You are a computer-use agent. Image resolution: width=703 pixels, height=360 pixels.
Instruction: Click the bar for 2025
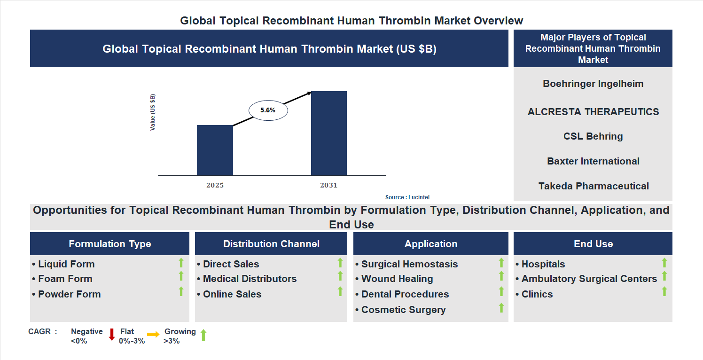tap(215, 150)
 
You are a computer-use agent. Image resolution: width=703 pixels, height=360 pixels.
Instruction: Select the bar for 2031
tap(329, 133)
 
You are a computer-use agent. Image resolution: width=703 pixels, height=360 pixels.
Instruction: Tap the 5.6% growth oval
tap(268, 110)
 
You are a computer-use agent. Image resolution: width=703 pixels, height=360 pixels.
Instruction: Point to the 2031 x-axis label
tap(329, 185)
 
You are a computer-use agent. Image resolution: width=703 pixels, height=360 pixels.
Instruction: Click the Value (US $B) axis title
tap(153, 113)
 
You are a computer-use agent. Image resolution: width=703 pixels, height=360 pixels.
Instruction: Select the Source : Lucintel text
tap(407, 197)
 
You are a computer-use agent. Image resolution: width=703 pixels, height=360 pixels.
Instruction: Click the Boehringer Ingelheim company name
tap(593, 84)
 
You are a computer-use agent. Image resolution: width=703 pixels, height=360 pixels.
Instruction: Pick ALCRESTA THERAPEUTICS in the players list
tap(593, 112)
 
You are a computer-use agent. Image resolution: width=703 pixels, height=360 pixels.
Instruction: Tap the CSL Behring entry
tap(593, 136)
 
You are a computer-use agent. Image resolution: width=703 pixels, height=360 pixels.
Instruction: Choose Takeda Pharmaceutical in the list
tap(593, 186)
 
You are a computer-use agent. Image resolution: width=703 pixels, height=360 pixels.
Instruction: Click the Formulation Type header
tap(110, 244)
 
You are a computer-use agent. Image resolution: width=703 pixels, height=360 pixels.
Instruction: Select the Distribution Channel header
tap(271, 244)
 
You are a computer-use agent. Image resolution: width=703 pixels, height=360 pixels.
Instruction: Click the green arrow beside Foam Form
tap(181, 276)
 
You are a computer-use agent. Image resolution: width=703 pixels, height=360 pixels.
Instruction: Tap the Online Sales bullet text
tap(232, 294)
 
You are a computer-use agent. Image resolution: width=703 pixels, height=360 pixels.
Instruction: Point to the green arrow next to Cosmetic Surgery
tap(501, 308)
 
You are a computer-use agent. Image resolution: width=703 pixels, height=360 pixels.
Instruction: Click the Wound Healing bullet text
tap(397, 279)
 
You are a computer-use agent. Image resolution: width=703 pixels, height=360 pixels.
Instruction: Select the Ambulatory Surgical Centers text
tap(589, 279)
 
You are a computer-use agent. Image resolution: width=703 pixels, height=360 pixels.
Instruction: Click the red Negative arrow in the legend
tap(112, 335)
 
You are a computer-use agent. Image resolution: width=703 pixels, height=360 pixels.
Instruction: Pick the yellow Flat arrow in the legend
tap(153, 335)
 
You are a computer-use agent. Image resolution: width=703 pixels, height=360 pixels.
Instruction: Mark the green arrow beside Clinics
tap(664, 291)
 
